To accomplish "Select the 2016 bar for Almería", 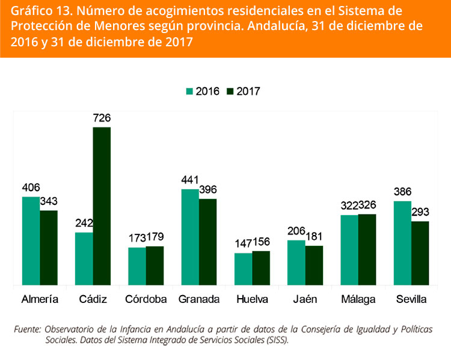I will [x=31, y=240].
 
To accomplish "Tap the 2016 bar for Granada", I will [x=190, y=237].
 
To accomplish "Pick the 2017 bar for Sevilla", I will [x=420, y=252].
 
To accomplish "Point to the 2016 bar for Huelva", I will [x=243, y=269].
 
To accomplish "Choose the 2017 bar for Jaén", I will [x=314, y=264].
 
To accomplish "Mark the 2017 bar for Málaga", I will [x=367, y=249].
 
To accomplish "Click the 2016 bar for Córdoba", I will [x=137, y=266].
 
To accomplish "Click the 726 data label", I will [x=102, y=118].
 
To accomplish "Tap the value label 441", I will [x=190, y=180].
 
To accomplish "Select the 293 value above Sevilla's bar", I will [x=420, y=212].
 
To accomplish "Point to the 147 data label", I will [x=243, y=244].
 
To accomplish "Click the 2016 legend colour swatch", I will [x=189, y=91].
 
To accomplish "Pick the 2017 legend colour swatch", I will [x=230, y=91].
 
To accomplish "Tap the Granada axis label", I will [x=198, y=299].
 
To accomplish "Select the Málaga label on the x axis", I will [x=358, y=299].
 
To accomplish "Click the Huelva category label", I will [x=252, y=299].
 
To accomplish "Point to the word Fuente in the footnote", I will [x=27, y=329].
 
